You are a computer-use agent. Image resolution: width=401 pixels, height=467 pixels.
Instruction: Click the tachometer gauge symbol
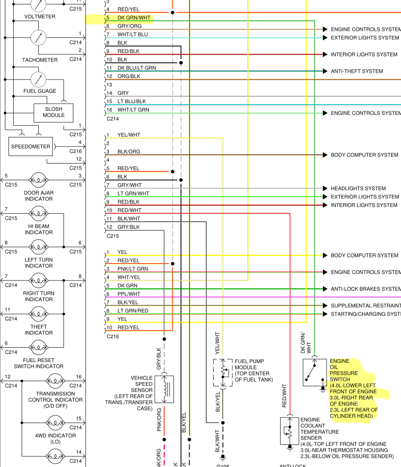click(38, 37)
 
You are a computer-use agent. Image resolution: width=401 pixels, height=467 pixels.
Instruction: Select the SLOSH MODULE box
click(54, 112)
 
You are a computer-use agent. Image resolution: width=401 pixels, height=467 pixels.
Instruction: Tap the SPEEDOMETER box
click(30, 146)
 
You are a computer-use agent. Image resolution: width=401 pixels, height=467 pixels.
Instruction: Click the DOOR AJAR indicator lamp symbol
click(38, 180)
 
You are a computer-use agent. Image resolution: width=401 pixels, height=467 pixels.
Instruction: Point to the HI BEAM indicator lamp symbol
click(38, 213)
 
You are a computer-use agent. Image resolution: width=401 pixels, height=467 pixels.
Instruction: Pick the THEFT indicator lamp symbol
click(38, 313)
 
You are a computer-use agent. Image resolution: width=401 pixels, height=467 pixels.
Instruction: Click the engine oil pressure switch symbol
click(315, 372)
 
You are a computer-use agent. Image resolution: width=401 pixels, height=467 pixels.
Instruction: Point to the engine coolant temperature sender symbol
click(289, 431)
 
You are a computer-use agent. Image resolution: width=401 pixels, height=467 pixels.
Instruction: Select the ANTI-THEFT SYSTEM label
click(356, 71)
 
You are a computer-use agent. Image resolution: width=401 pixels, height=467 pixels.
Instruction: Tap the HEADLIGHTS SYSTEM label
click(358, 189)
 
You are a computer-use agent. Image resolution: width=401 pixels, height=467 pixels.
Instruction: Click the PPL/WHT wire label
click(129, 294)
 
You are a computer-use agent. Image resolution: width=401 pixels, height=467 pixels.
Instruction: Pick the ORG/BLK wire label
click(129, 77)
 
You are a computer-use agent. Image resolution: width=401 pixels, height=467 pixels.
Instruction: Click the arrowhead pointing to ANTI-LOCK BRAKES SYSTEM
click(325, 289)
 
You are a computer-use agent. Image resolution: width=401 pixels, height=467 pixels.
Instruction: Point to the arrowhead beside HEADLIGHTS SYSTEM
click(325, 189)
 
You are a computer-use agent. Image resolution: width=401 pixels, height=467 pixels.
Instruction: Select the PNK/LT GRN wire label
click(132, 269)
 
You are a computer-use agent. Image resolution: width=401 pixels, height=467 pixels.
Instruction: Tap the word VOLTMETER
click(40, 17)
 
